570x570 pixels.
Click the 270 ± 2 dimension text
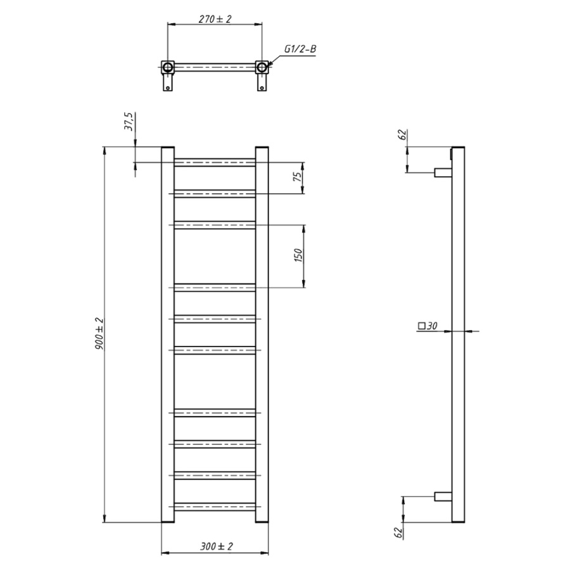pyautogui.click(x=215, y=19)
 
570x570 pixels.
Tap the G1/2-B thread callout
pyautogui.click(x=300, y=49)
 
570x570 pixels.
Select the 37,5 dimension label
pyautogui.click(x=129, y=122)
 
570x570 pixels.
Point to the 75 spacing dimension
pyautogui.click(x=298, y=177)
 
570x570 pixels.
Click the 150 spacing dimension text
pyautogui.click(x=298, y=256)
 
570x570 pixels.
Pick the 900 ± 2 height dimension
pyautogui.click(x=99, y=334)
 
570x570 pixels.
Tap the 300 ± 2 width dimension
pyautogui.click(x=217, y=546)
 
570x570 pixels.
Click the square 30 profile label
pyautogui.click(x=427, y=326)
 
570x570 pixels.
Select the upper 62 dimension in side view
pyautogui.click(x=402, y=134)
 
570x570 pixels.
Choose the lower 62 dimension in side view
pyautogui.click(x=398, y=533)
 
